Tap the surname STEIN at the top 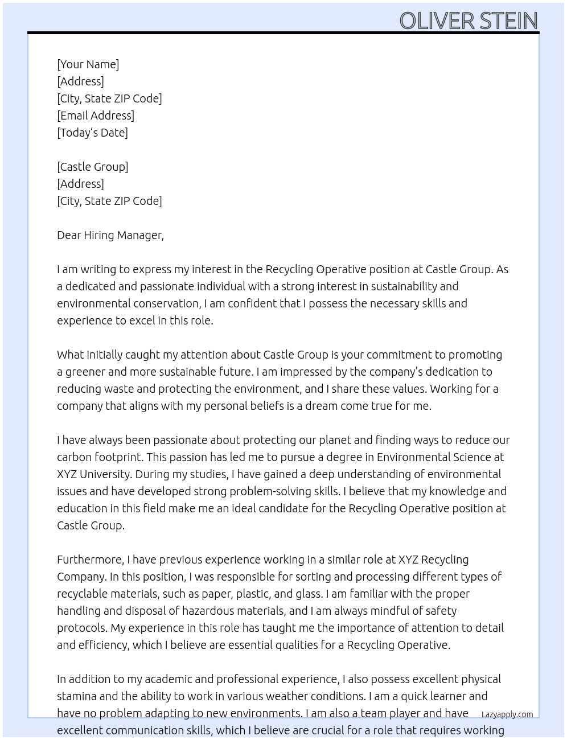[x=508, y=21]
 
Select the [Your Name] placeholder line [x=88, y=64]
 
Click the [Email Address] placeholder [x=96, y=116]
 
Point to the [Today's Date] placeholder [x=92, y=133]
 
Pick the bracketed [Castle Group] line [x=92, y=167]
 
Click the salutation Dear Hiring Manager [x=110, y=235]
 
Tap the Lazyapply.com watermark [x=507, y=714]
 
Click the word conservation [x=165, y=303]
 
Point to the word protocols [x=82, y=628]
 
